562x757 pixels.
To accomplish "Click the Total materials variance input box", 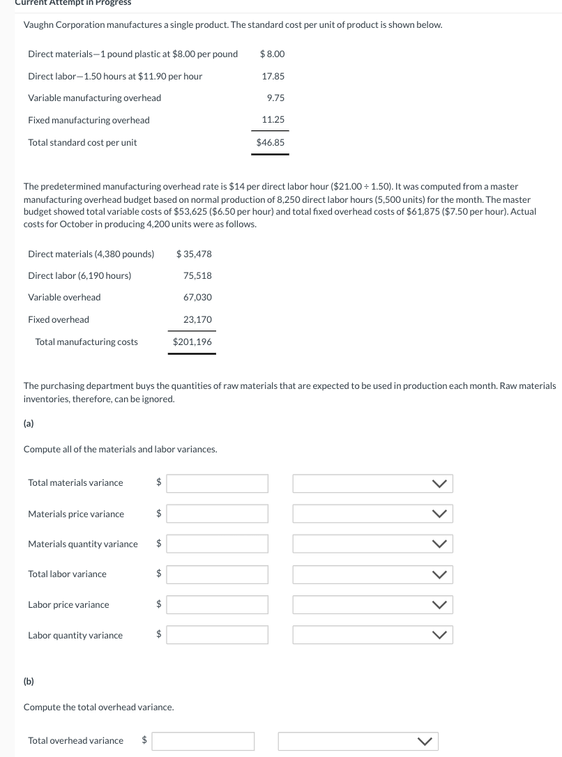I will click(x=217, y=483).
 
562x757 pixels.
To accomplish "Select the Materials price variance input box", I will click(x=217, y=514).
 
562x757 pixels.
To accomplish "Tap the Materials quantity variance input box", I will click(x=217, y=544).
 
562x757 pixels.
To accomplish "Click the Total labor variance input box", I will click(x=217, y=574).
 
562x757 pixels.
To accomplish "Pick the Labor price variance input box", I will click(x=217, y=604).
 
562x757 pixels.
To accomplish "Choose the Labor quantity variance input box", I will click(x=217, y=635).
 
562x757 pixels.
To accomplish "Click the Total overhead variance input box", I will click(x=203, y=741).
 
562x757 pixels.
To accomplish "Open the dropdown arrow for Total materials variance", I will click(x=439, y=483).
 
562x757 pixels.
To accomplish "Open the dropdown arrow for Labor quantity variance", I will click(x=439, y=635).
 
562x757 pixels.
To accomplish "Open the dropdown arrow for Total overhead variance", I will click(x=425, y=741).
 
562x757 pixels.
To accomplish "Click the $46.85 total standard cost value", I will click(x=270, y=142).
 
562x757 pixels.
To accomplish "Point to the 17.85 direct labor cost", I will click(x=273, y=76).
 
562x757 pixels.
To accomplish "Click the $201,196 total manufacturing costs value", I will click(x=192, y=342).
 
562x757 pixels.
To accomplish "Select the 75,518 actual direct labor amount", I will click(x=197, y=275).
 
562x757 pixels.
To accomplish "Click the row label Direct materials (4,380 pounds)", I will click(x=91, y=254).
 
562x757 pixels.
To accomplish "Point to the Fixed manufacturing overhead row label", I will click(x=89, y=120).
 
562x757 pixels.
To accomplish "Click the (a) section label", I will click(x=29, y=423).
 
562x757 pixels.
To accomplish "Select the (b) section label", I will click(x=29, y=681).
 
